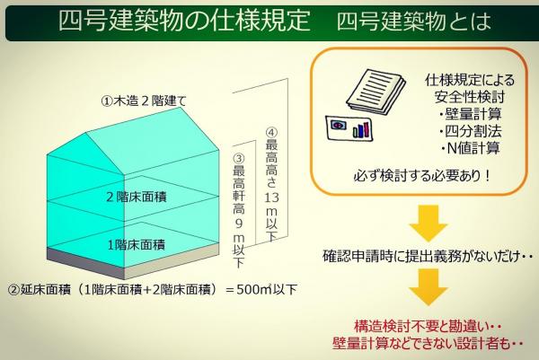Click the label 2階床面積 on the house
point(137,197)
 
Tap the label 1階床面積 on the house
point(137,245)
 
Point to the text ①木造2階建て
point(144,101)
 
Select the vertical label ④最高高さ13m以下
point(271,185)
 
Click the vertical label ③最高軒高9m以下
point(239,211)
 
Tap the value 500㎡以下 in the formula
point(267,289)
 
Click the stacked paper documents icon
point(376,91)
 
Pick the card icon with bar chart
point(349,127)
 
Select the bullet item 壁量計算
point(470,114)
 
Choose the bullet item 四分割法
point(470,131)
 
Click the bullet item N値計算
point(470,148)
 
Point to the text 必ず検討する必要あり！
point(422,176)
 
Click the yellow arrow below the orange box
point(429,224)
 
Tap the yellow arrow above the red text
point(429,286)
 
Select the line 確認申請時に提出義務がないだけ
point(420,257)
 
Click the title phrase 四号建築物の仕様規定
point(184,21)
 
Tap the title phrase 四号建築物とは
point(413,21)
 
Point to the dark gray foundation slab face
point(85,263)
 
